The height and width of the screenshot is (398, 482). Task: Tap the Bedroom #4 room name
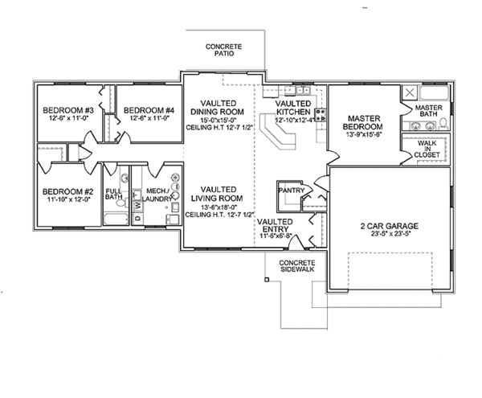pyautogui.click(x=149, y=110)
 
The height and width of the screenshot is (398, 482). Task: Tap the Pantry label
pyautogui.click(x=289, y=191)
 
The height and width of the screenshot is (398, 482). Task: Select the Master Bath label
pyautogui.click(x=429, y=111)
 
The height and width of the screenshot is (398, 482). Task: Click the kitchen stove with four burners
pyautogui.click(x=320, y=113)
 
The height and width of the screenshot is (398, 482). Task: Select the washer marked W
pyautogui.click(x=137, y=206)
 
